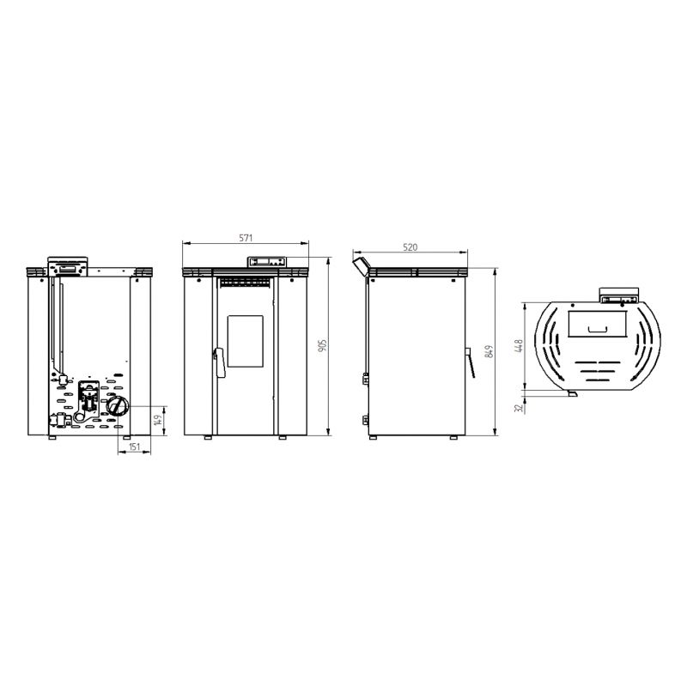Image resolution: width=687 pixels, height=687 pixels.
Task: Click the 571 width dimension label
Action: pos(246,239)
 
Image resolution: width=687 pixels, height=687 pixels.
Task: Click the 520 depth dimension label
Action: pos(410,247)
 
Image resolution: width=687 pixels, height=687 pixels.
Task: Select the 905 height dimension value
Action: pos(323,346)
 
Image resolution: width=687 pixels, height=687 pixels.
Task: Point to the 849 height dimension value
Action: pos(489,351)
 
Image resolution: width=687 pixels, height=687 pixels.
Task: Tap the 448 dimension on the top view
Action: pos(520,346)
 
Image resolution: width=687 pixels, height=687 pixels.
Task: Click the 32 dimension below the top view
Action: pos(520,407)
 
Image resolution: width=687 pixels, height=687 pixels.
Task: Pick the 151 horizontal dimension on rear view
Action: pos(135,447)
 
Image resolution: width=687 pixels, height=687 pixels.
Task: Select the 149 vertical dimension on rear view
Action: pos(159,420)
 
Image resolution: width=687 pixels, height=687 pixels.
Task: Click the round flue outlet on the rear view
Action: pos(119,406)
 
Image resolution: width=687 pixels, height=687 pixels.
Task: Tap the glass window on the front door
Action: pos(246,341)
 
